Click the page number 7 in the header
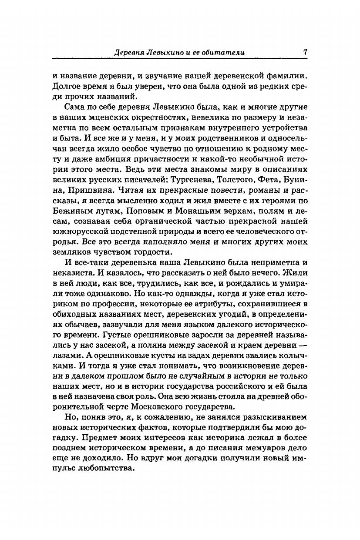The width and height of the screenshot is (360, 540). coord(306,51)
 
